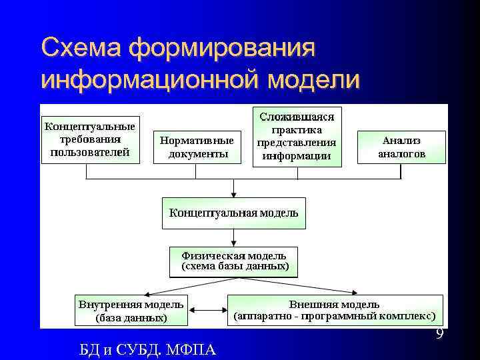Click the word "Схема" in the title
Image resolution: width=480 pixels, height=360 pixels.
coord(81,48)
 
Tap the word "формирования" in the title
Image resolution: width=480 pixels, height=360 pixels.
coord(222,48)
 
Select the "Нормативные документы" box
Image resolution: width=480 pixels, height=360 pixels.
coord(197,147)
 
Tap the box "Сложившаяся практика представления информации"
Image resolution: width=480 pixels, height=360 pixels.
coord(297,137)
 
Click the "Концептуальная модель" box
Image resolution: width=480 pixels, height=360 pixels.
coord(233,213)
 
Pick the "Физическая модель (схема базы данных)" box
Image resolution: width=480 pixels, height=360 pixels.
coord(233,261)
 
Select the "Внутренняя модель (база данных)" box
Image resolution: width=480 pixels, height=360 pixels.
coord(131,311)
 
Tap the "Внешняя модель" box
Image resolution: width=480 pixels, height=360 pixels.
coord(334,310)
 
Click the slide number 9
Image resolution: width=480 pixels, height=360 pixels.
coord(439,334)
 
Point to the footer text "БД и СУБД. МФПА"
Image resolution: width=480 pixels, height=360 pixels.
coord(147,349)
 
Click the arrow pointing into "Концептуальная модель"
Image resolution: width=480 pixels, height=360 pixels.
coord(233,189)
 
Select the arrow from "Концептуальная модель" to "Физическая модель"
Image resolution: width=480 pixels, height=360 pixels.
coord(233,238)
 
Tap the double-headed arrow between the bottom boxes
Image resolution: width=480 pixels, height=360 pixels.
coord(207,310)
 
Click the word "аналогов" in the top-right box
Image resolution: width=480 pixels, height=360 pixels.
coord(401,153)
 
